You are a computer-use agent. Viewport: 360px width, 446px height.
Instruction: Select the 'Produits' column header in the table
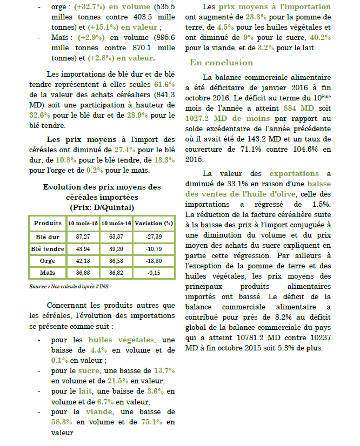pyautogui.click(x=48, y=223)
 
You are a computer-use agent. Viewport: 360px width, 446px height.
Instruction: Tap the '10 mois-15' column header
pyautogui.click(x=83, y=223)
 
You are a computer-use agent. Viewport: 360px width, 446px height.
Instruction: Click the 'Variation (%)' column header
pyautogui.click(x=154, y=223)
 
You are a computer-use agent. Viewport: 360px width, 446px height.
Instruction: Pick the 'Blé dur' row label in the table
pyautogui.click(x=48, y=236)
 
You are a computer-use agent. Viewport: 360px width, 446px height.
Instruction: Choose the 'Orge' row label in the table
pyautogui.click(x=48, y=261)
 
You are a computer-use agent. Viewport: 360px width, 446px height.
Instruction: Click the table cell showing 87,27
pyautogui.click(x=83, y=236)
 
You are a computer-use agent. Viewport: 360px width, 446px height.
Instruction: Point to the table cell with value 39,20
pyautogui.click(x=116, y=248)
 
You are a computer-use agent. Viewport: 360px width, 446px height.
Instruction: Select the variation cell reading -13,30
pyautogui.click(x=154, y=261)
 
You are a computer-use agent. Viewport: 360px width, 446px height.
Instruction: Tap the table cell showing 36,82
pyautogui.click(x=116, y=273)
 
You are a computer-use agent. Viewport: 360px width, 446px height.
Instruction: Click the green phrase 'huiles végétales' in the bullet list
pyautogui.click(x=119, y=340)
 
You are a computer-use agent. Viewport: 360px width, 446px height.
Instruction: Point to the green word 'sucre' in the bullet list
pyautogui.click(x=89, y=370)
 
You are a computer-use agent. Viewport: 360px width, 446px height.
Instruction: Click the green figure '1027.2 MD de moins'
pyautogui.click(x=222, y=119)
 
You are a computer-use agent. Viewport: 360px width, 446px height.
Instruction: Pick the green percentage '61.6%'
pyautogui.click(x=164, y=85)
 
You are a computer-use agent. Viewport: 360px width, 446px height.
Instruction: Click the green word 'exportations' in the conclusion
pyautogui.click(x=294, y=173)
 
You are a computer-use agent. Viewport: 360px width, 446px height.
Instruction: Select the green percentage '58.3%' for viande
pyautogui.click(x=63, y=422)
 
